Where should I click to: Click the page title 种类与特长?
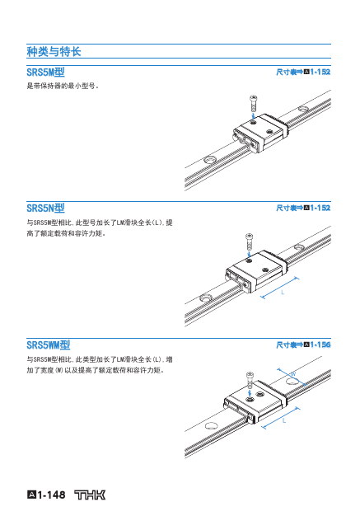click(x=54, y=51)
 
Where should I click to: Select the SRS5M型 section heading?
click(x=45, y=72)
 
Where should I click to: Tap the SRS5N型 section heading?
click(x=45, y=208)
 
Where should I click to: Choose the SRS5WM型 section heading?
click(x=49, y=345)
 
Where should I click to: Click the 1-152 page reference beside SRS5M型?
click(x=320, y=72)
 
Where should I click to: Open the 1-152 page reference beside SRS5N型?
click(x=320, y=208)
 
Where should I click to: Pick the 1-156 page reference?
click(x=320, y=345)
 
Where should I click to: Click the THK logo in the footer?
click(x=90, y=495)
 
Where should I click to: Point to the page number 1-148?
click(x=51, y=495)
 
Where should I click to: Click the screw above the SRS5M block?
click(x=253, y=103)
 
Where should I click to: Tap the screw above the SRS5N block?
click(x=249, y=241)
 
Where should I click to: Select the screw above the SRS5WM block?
click(x=250, y=378)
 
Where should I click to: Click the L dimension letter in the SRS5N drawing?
click(x=283, y=293)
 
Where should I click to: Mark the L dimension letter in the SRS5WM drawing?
click(x=284, y=420)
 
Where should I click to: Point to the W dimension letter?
click(x=293, y=374)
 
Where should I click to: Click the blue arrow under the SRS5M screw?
click(x=253, y=116)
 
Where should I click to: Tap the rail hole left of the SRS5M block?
click(x=209, y=160)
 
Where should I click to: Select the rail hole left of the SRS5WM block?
click(x=212, y=425)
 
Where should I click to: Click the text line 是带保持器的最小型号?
click(x=63, y=86)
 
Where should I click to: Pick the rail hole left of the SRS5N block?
click(x=206, y=298)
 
